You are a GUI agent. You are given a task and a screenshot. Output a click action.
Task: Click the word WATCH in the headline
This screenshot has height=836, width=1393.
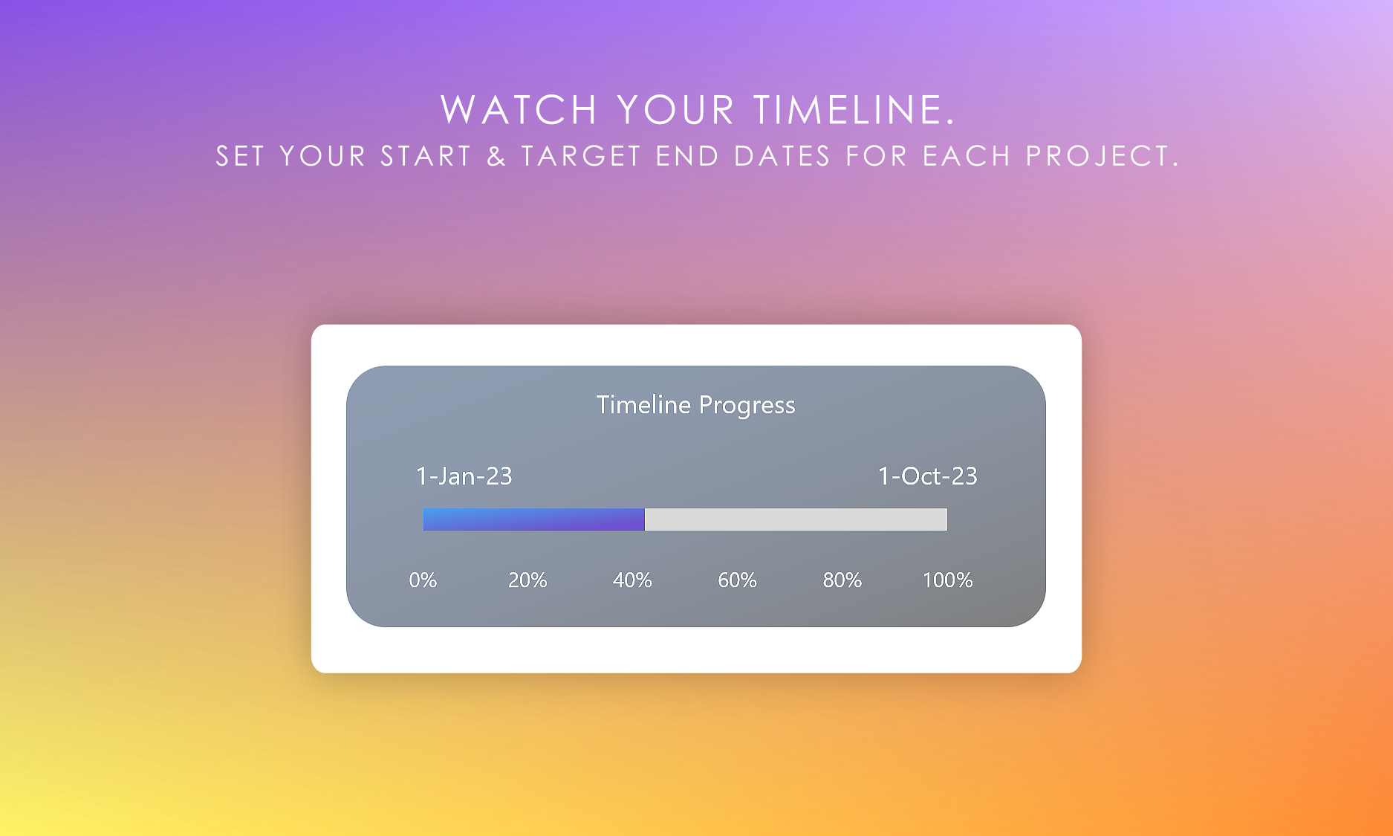click(x=519, y=110)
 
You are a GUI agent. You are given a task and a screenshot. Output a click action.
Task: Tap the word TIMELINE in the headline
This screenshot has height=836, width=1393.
click(x=854, y=110)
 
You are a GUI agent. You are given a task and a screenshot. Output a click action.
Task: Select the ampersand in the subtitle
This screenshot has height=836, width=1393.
click(x=496, y=156)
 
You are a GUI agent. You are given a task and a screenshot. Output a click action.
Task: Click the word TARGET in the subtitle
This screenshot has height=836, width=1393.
click(x=581, y=156)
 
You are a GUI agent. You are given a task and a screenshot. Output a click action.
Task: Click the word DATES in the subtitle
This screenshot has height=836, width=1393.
click(x=782, y=156)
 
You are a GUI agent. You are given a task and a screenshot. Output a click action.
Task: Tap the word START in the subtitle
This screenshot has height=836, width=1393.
click(x=426, y=156)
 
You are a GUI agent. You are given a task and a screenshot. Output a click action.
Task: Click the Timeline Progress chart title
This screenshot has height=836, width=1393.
click(x=695, y=405)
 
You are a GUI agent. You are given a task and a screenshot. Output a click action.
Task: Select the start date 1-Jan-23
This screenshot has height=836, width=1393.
click(x=464, y=476)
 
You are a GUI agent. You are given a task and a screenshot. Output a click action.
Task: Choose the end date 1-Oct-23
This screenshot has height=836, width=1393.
click(x=928, y=476)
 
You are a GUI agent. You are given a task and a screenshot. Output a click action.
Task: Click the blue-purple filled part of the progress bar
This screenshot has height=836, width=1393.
click(x=534, y=519)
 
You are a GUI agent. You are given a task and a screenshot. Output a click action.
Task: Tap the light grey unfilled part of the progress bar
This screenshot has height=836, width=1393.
click(x=796, y=519)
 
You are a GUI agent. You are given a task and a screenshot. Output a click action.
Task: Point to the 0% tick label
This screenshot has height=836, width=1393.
click(x=423, y=580)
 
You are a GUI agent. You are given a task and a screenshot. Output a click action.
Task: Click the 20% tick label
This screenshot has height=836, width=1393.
click(x=527, y=580)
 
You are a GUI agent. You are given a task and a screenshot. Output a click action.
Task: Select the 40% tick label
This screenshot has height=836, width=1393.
click(x=632, y=580)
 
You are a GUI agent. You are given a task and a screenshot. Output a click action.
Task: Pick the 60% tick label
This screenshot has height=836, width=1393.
click(x=737, y=580)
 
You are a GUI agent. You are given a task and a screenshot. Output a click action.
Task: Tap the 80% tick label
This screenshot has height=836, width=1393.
click(x=842, y=580)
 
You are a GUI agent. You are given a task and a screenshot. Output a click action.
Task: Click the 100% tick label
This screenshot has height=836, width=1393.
click(x=947, y=580)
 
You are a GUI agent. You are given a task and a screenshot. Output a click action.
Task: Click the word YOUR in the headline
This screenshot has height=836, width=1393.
click(x=675, y=110)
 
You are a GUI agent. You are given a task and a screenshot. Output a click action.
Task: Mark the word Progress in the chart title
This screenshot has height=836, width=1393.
click(x=747, y=406)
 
